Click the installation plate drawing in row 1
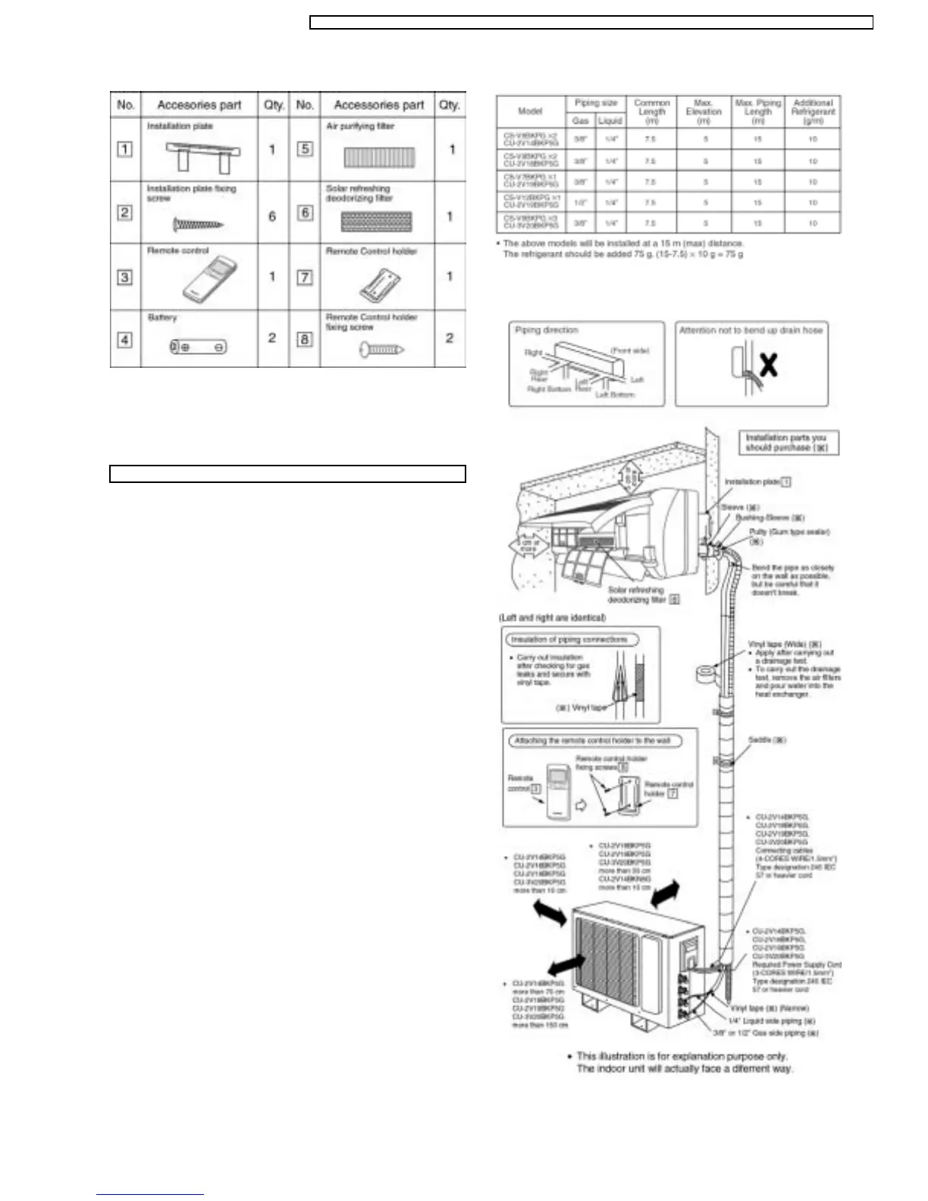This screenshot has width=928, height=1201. (202, 155)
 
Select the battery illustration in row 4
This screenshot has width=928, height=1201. (198, 347)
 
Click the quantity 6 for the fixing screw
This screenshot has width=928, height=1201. (272, 216)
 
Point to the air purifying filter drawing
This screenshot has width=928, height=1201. (376, 157)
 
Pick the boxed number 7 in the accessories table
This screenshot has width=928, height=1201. (304, 277)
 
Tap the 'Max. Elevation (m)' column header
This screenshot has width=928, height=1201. (703, 111)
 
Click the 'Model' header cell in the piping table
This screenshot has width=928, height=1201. (530, 111)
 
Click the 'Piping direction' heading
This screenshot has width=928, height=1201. (546, 331)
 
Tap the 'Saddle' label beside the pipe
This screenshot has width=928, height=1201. (767, 740)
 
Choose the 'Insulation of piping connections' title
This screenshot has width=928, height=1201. (569, 640)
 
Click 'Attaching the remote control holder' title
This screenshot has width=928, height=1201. (593, 741)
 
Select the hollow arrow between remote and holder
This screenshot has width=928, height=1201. (582, 806)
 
